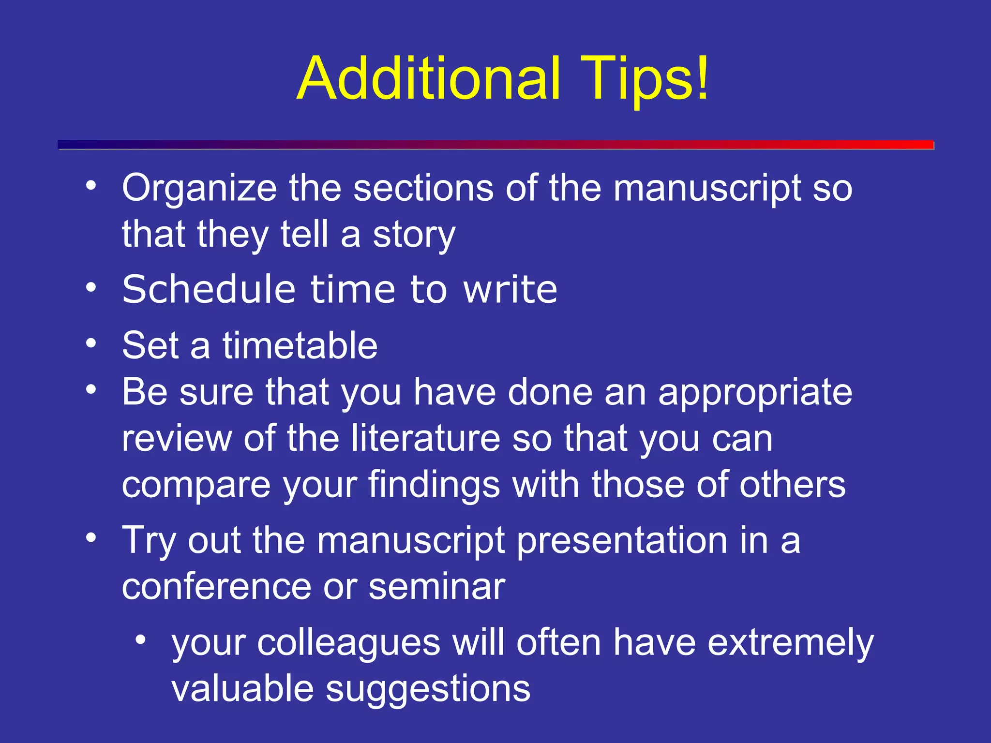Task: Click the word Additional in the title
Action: [x=429, y=78]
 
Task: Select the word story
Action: [x=414, y=236]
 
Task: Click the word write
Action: [x=510, y=290]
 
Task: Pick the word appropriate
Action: [x=755, y=393]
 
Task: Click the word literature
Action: [x=426, y=438]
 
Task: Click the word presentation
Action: [x=622, y=541]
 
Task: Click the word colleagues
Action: [x=348, y=643]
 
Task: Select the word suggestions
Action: [x=428, y=690]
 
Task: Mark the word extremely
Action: [x=791, y=643]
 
